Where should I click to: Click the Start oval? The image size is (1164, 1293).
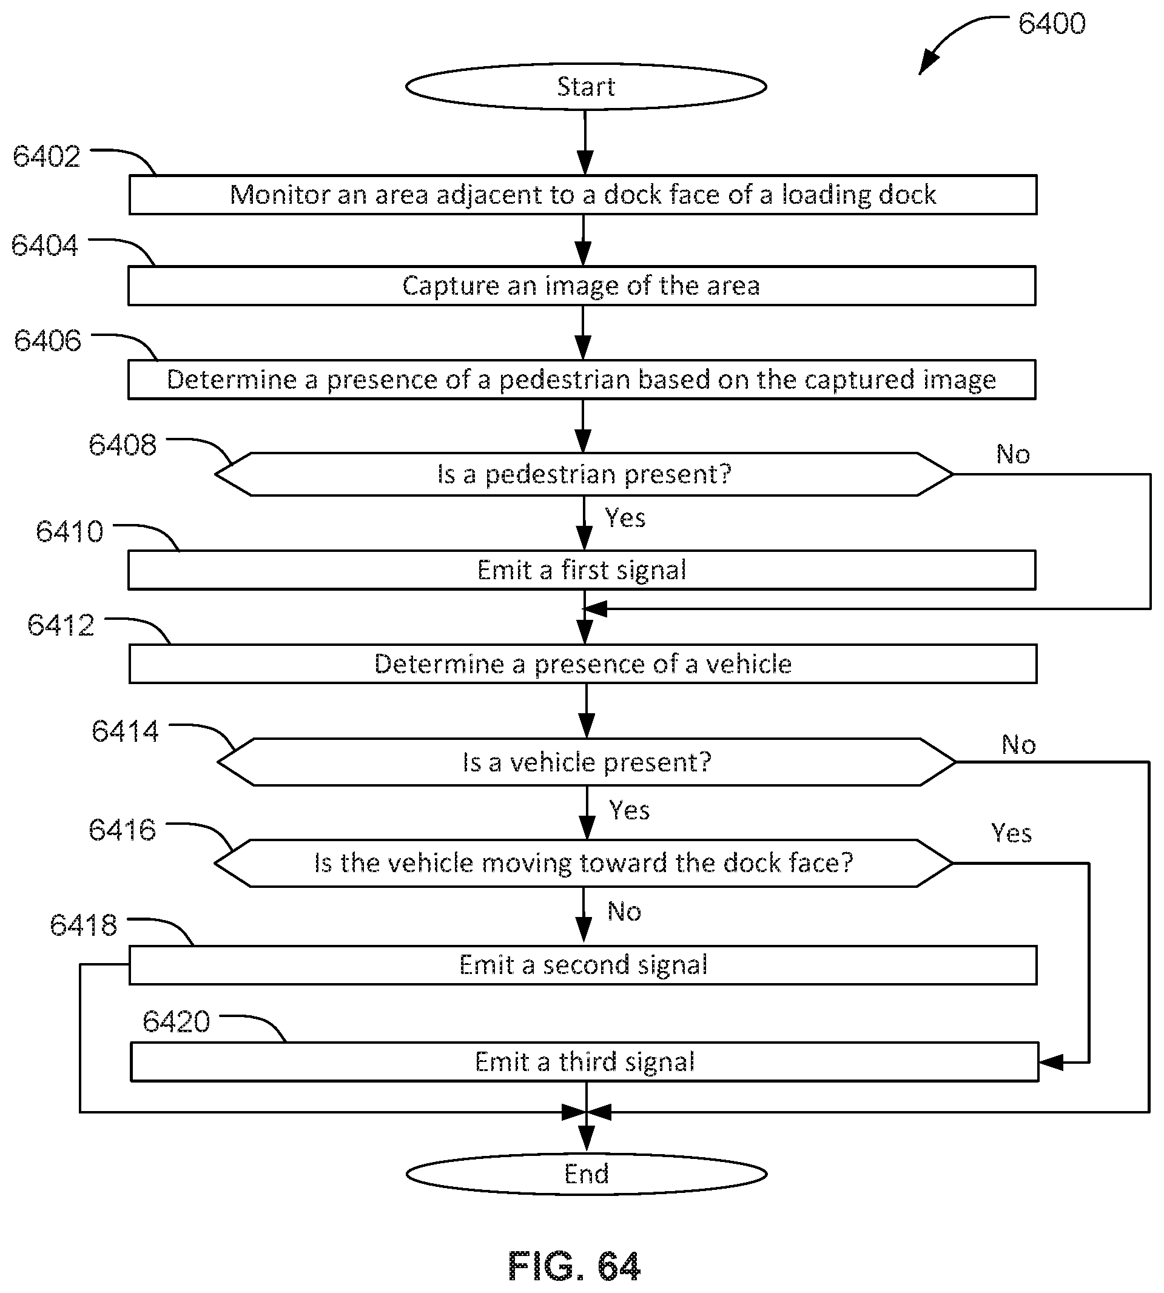point(586,86)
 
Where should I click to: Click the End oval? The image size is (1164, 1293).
point(586,1174)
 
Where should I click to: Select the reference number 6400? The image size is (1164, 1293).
point(1051,24)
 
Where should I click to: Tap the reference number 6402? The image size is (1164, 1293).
point(47,156)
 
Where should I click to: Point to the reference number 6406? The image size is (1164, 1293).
point(48,341)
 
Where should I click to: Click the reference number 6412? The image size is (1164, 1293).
point(61,625)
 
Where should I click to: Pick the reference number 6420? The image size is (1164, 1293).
point(176,1022)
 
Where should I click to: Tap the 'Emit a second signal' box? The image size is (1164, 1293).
point(583,965)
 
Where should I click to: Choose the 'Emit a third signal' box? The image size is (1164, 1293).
point(584,1062)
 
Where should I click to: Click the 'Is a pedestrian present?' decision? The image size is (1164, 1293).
point(584,474)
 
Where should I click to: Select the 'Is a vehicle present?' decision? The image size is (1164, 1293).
point(587,762)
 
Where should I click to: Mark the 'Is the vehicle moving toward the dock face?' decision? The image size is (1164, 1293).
point(584,863)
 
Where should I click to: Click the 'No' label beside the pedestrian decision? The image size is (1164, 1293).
point(1013,455)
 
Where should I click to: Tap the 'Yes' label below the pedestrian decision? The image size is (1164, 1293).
point(625,518)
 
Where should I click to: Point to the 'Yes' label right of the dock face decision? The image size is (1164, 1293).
point(1011,833)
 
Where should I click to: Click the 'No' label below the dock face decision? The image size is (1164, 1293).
point(624,912)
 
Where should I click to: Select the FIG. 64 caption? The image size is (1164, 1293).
point(574,1266)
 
